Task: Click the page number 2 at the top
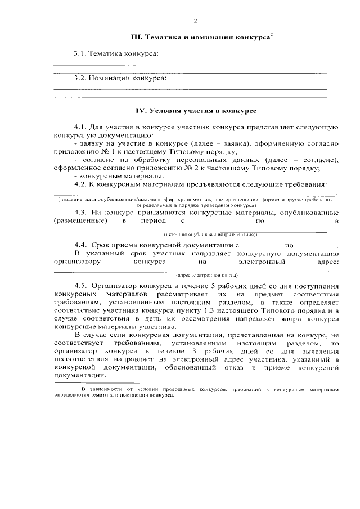195,22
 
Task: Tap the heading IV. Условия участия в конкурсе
196,112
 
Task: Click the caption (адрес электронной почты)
200,275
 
